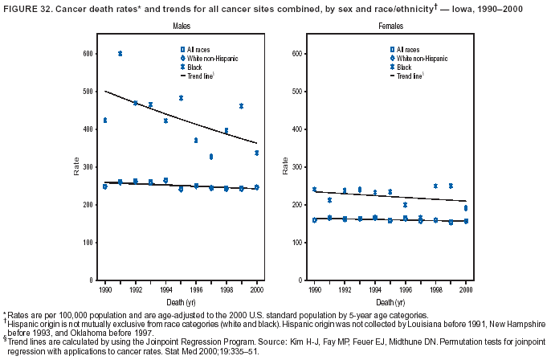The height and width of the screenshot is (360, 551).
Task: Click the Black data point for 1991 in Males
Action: [x=120, y=53]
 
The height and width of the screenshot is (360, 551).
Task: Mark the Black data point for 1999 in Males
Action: [x=241, y=106]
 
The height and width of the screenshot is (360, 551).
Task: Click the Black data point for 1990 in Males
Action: [x=104, y=120]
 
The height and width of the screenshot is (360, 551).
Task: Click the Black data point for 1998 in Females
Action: [x=435, y=186]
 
